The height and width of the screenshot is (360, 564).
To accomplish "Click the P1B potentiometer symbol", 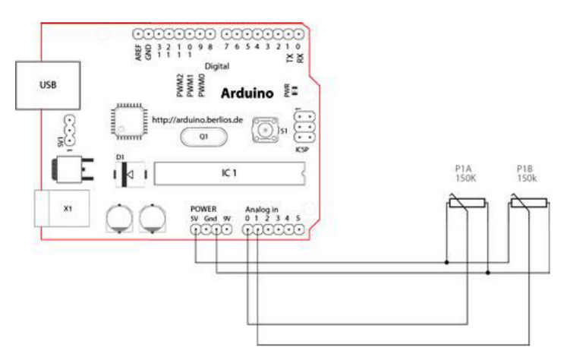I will pyautogui.click(x=528, y=203).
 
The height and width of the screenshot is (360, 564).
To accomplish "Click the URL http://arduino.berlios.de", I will pyautogui.click(x=197, y=119).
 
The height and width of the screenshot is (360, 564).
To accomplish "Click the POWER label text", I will pyautogui.click(x=204, y=207).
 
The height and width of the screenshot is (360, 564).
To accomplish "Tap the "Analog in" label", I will pyautogui.click(x=262, y=208).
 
